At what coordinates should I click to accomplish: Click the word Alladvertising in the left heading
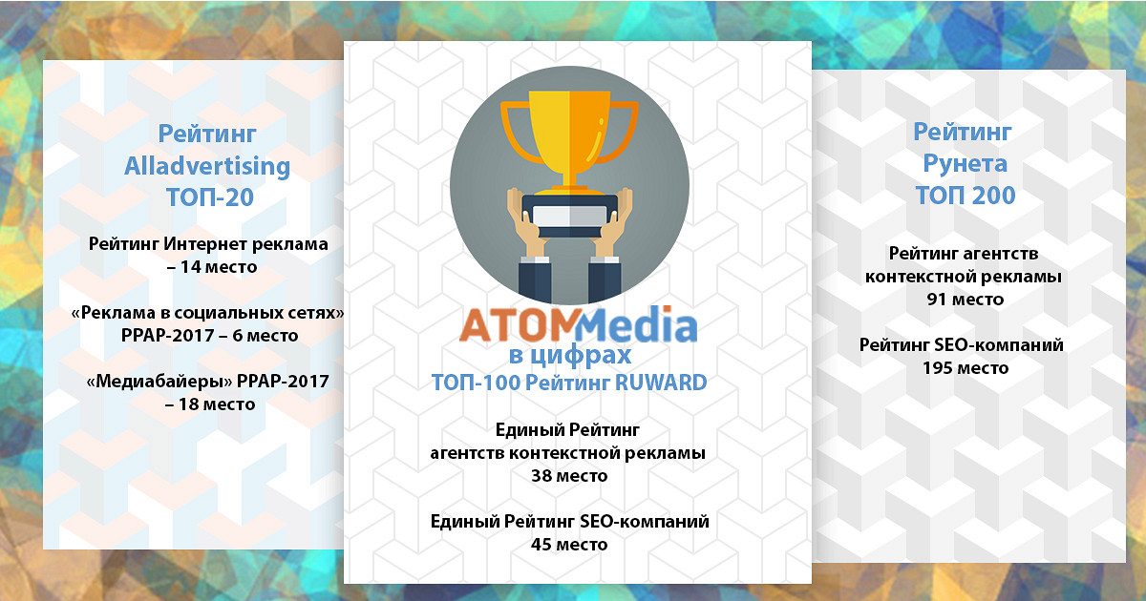coord(207,166)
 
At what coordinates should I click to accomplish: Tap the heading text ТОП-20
coord(210,197)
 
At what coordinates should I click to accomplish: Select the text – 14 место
coord(212,267)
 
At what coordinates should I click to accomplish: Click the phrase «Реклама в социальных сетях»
coord(208,312)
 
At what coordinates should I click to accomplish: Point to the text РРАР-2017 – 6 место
coord(209,335)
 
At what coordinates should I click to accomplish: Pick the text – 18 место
coord(210,404)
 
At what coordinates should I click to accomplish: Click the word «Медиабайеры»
coord(159,382)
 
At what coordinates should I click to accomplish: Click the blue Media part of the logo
coord(637,324)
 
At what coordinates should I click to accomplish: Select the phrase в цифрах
coord(570,355)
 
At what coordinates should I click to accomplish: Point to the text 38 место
coord(569,476)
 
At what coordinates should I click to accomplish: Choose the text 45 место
coord(569,545)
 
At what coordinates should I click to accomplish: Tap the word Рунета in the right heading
coord(965,163)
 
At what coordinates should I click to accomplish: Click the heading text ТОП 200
coord(965,196)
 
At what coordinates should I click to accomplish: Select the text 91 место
coord(966,299)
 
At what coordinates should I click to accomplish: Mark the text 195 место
coord(966,368)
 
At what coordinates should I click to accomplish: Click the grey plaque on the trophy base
coord(569,216)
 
